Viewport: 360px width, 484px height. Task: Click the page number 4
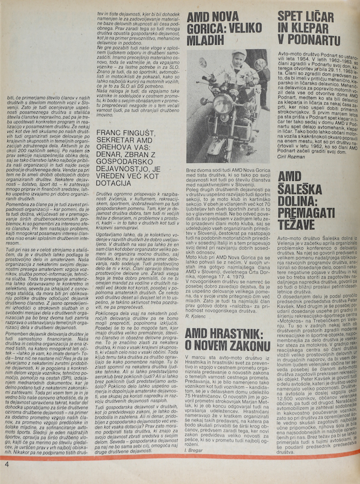(6, 464)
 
